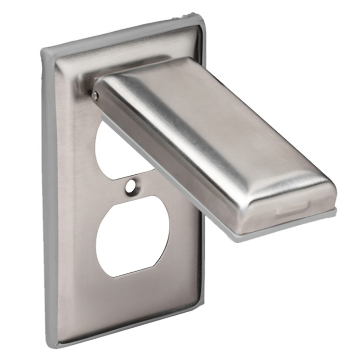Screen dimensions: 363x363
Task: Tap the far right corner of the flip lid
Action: point(334,200)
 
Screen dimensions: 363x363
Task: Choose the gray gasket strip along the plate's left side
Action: point(52,197)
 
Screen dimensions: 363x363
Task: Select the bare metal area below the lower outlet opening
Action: point(135,296)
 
